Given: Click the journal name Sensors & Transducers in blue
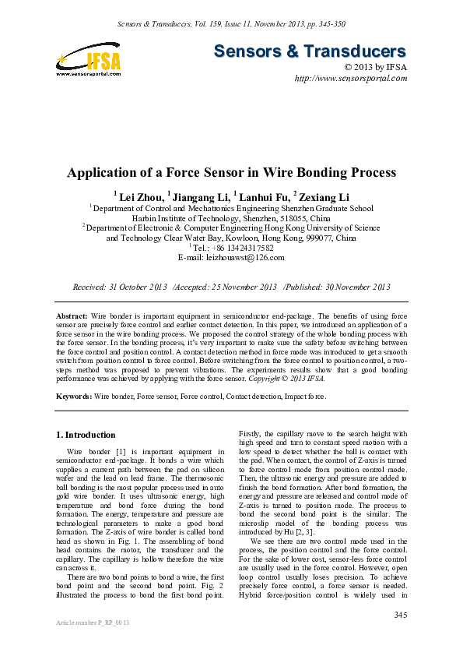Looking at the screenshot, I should click(x=310, y=52).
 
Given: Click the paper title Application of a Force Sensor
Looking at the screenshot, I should click(x=232, y=172).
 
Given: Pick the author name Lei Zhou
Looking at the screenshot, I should click(x=139, y=196).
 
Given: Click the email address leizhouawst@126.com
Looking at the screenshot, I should click(x=243, y=257).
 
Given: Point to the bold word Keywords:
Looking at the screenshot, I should click(x=75, y=397).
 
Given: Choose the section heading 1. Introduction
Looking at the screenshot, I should click(x=86, y=435).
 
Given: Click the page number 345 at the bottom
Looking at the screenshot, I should click(x=400, y=615).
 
